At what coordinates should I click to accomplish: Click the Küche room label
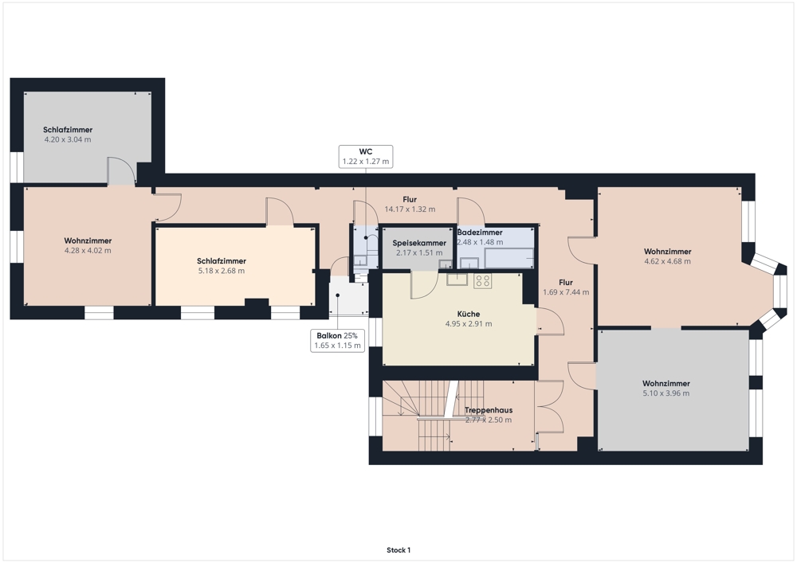tap(468, 314)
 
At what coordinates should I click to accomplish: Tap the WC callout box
tap(366, 156)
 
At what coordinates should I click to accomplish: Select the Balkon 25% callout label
tap(337, 335)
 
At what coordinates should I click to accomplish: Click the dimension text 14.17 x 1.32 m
tap(410, 209)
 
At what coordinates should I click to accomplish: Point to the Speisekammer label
tap(419, 243)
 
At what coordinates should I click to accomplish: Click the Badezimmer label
tap(480, 232)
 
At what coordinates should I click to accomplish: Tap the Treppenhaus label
tap(489, 410)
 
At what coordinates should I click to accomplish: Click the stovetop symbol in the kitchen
tap(482, 281)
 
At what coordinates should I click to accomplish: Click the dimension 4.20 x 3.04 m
tap(68, 139)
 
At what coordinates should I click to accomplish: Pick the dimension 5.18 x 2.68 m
tap(221, 271)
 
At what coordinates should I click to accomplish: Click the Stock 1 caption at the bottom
tap(398, 549)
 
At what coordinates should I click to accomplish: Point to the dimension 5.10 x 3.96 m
tap(665, 393)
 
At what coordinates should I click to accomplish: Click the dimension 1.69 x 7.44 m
tap(566, 292)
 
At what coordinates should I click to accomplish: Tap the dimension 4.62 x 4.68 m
tap(667, 261)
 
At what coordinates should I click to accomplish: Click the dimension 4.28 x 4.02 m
tap(88, 251)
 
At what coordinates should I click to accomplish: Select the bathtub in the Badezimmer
tap(509, 258)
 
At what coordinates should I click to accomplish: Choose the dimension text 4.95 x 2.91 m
tap(468, 324)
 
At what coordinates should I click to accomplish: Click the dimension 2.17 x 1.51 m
tap(419, 252)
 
